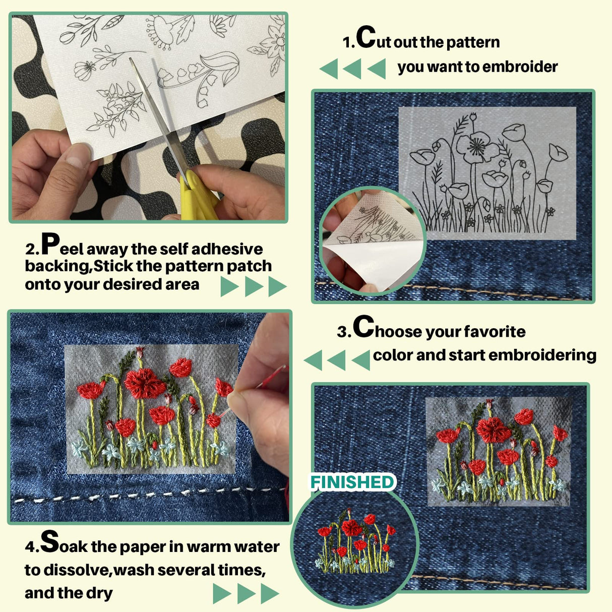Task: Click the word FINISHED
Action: click(352, 482)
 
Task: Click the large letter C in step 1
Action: click(366, 37)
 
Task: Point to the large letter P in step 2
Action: click(51, 244)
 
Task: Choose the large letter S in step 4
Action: click(50, 541)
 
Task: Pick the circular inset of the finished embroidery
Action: click(355, 549)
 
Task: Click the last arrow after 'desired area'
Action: click(277, 286)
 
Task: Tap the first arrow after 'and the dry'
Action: click(221, 593)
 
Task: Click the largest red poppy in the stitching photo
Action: click(144, 383)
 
